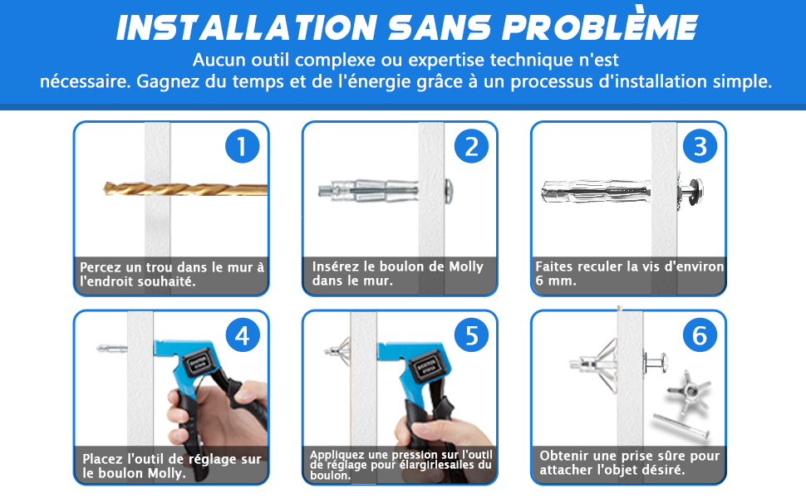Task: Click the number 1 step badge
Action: pos(242,146)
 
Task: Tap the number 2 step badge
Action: pos(471,146)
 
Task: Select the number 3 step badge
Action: pos(700,146)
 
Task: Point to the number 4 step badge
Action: pos(243,335)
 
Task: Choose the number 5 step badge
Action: pos(471,335)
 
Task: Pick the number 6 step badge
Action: pos(700,335)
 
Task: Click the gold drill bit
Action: pos(185,189)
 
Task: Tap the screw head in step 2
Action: pos(448,190)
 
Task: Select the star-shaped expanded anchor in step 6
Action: pos(690,392)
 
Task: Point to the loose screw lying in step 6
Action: pos(681,426)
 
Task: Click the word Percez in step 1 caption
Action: pos(101,267)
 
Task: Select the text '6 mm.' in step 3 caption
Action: pos(556,281)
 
